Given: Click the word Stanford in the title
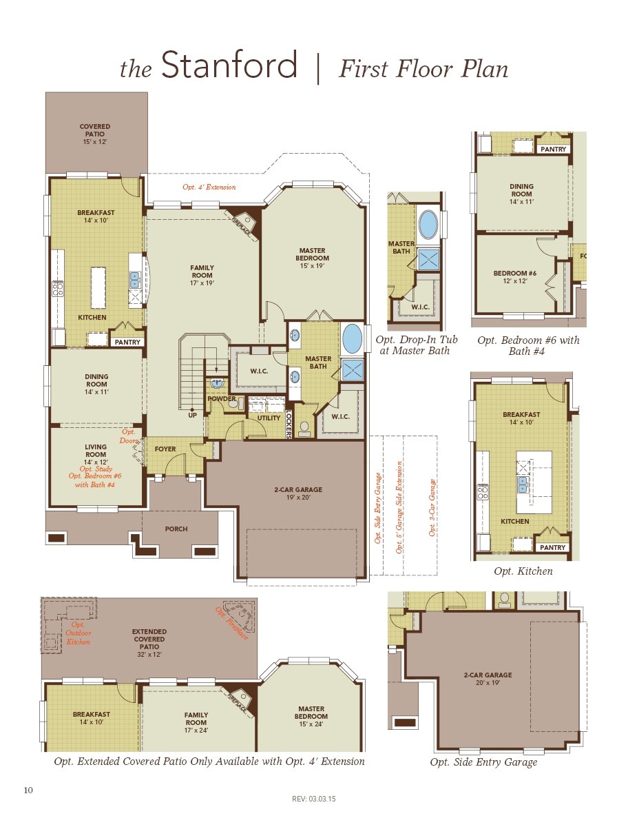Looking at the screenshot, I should [229, 67].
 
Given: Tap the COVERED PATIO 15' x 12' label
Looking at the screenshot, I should [95, 134].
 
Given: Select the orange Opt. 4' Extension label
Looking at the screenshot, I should [209, 187].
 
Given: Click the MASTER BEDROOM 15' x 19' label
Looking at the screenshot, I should [313, 258].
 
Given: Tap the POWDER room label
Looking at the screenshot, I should [222, 399].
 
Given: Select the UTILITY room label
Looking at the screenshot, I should [269, 418].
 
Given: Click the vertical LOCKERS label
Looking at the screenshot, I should [289, 424].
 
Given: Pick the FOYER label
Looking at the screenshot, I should [165, 449].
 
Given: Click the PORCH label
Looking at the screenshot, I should [176, 529].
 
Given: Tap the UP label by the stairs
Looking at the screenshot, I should [193, 416].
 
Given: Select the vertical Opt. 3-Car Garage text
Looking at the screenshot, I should [432, 508].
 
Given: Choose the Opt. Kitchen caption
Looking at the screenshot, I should [523, 571].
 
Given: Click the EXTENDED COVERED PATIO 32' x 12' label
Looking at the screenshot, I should [149, 639].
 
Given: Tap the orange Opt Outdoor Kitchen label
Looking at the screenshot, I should [78, 633].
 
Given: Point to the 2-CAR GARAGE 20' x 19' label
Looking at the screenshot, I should [488, 679].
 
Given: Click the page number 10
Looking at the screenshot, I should [28, 790].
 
